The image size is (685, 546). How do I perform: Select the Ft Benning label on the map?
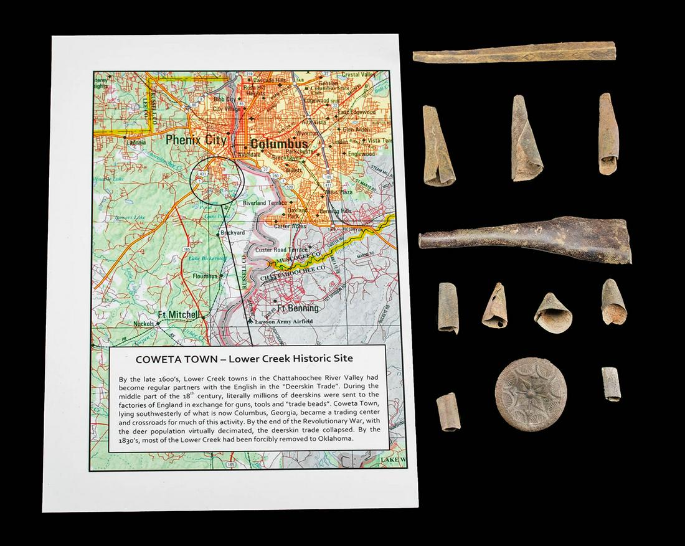point(298,308)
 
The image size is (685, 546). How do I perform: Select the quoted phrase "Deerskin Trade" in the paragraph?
point(315,387)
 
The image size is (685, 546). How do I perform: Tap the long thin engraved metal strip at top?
point(514,52)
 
